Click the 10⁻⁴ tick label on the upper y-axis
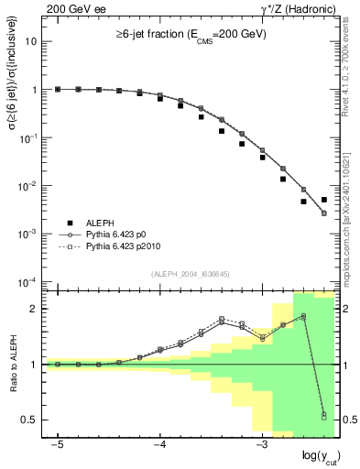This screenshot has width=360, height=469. pos(30,281)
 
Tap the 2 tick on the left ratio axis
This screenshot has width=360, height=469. pos(35,308)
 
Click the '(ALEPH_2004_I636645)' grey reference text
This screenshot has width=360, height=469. pos(190,274)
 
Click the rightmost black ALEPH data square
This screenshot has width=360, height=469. pos(323,200)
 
